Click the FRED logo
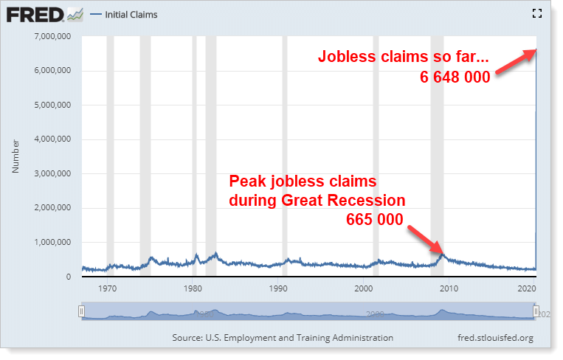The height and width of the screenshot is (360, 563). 45,15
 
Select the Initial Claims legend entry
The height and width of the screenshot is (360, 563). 123,15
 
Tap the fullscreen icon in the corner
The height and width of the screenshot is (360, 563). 536,13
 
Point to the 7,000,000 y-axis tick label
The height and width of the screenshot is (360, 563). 52,36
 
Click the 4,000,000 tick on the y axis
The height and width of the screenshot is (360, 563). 52,139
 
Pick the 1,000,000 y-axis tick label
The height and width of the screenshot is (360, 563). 52,242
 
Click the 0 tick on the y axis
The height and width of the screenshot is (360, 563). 68,277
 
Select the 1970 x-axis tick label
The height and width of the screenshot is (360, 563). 107,288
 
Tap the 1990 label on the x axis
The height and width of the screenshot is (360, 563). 278,288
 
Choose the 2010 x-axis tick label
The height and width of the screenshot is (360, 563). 449,288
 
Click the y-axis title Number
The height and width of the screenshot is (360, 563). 15,156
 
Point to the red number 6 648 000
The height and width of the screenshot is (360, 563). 455,77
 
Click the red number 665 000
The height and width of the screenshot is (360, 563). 375,219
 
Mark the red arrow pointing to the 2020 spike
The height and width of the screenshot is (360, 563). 516,61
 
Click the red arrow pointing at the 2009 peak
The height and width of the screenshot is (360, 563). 426,240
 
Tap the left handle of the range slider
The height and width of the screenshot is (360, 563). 81,311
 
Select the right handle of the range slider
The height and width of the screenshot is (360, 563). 536,311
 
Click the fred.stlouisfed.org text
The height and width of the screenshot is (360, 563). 496,338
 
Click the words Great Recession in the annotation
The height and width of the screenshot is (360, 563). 343,200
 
